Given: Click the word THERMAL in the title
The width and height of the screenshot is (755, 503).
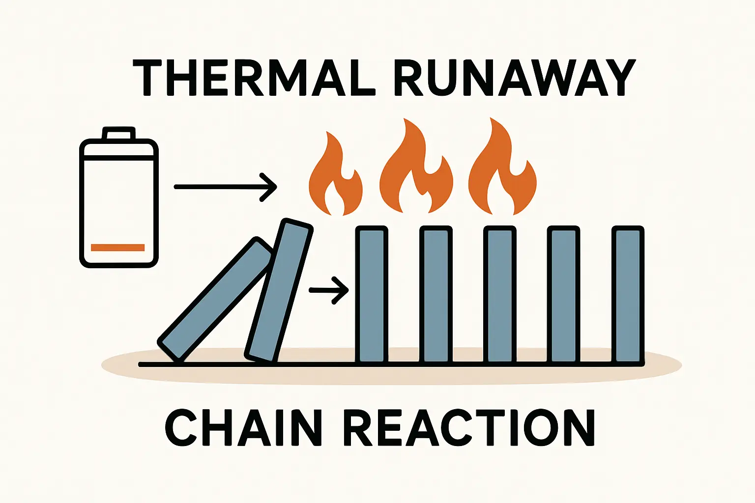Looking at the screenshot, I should coord(254,78).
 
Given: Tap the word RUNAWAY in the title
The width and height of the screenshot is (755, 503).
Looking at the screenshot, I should coord(514,78).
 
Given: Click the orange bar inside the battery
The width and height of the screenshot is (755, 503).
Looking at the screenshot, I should coord(118,248).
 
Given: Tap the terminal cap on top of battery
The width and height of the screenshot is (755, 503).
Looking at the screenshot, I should coord(118,133).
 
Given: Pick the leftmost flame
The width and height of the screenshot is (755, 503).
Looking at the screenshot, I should coord(334,182).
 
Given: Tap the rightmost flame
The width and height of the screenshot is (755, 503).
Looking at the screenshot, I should coord(501,172).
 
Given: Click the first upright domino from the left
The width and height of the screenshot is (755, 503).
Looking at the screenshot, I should coord(372,295).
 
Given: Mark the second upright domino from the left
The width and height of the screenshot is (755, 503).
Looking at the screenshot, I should coord(436,295).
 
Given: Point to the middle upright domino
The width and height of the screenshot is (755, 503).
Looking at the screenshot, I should coord(499,295).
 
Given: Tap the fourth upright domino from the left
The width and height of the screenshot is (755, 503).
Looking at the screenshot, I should coord(563,295).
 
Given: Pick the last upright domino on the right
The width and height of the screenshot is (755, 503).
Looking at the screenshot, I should coord(628,295).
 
